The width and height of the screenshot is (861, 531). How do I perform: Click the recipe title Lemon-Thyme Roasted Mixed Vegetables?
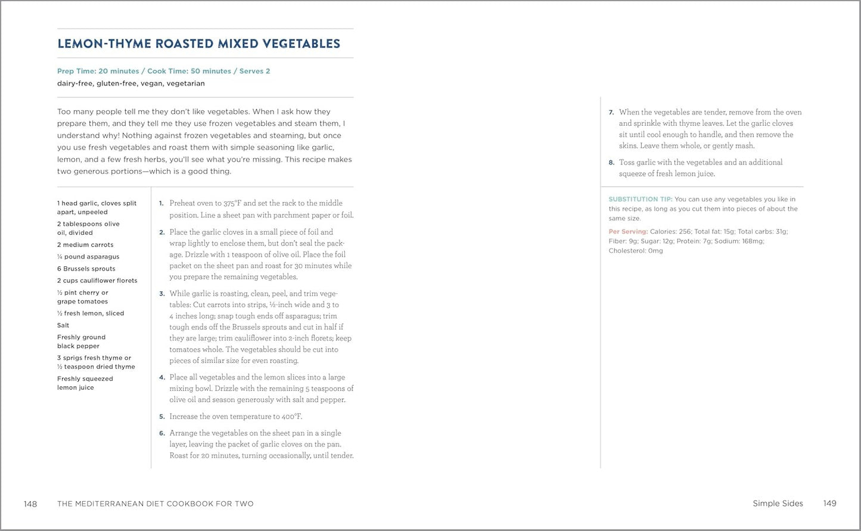pos(198,44)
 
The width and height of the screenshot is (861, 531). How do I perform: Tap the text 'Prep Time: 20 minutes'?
pos(98,71)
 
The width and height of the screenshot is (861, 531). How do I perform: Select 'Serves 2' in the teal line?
pos(254,71)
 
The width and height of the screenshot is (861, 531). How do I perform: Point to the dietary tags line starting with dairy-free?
pos(130,83)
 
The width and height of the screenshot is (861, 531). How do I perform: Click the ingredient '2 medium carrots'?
pos(85,245)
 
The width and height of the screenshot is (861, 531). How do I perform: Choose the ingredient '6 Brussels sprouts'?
pos(86,269)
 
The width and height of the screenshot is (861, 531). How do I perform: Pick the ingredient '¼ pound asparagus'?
pos(88,257)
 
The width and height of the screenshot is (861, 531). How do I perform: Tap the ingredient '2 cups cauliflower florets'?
pos(97,281)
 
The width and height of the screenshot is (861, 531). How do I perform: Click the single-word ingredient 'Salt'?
pos(63,325)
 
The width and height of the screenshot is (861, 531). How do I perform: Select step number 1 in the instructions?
pos(161,203)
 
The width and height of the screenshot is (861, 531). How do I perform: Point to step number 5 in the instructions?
pos(161,417)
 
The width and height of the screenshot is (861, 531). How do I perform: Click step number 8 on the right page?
pos(611,163)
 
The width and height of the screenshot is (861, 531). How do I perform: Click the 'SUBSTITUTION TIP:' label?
pos(640,200)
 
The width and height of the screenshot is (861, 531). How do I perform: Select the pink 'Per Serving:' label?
pos(628,232)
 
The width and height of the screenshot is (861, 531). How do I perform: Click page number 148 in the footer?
pos(30,504)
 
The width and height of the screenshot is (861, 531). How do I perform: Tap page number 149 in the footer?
pos(829,504)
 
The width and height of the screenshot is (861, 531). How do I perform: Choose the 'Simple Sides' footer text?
pos(778,504)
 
